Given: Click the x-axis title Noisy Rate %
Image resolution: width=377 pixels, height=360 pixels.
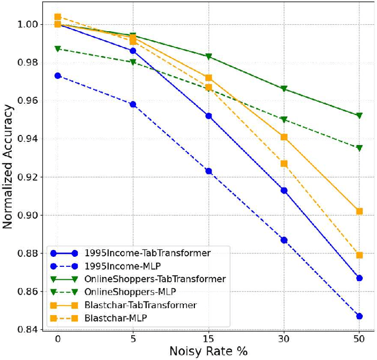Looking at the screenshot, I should pyautogui.click(x=209, y=351).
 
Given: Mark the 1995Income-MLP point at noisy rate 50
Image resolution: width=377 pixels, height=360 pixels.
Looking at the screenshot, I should pyautogui.click(x=359, y=316).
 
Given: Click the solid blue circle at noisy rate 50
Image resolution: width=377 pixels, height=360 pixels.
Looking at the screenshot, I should pyautogui.click(x=359, y=278).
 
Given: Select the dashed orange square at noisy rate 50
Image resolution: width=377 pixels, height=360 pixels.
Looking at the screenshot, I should pyautogui.click(x=359, y=255).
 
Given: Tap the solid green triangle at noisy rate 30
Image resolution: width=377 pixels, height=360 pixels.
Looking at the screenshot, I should pyautogui.click(x=284, y=88).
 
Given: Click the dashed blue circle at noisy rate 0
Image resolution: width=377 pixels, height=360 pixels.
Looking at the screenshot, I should pyautogui.click(x=58, y=75).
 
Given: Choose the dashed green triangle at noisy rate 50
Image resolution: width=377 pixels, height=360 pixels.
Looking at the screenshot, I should pyautogui.click(x=359, y=148).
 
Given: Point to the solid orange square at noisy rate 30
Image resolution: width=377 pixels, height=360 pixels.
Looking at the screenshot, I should pyautogui.click(x=284, y=137).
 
